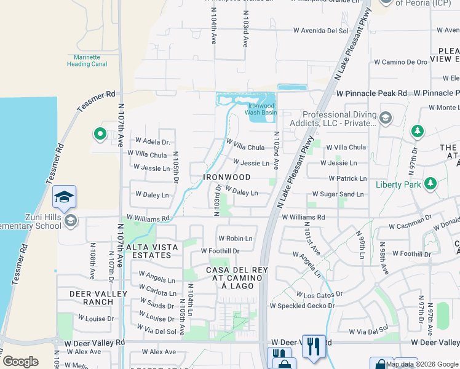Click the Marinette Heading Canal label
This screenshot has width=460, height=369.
87,60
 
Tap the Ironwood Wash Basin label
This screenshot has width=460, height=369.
263,109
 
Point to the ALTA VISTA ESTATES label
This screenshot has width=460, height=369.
152,251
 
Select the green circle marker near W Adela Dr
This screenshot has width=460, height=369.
99,133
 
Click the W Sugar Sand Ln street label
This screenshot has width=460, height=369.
338,194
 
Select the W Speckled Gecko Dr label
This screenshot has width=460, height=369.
302,306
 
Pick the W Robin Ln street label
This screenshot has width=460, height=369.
235,238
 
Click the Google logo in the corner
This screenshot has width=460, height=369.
20,362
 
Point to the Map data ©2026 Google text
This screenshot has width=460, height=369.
422,364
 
